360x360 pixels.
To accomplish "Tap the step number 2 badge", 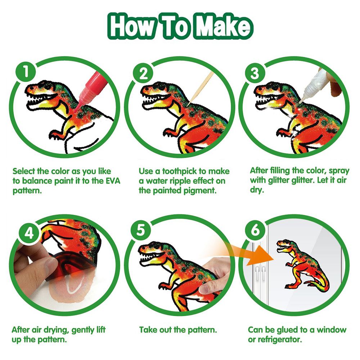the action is (x=144, y=73).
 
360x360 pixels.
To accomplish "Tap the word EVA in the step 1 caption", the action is (x=113, y=181).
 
